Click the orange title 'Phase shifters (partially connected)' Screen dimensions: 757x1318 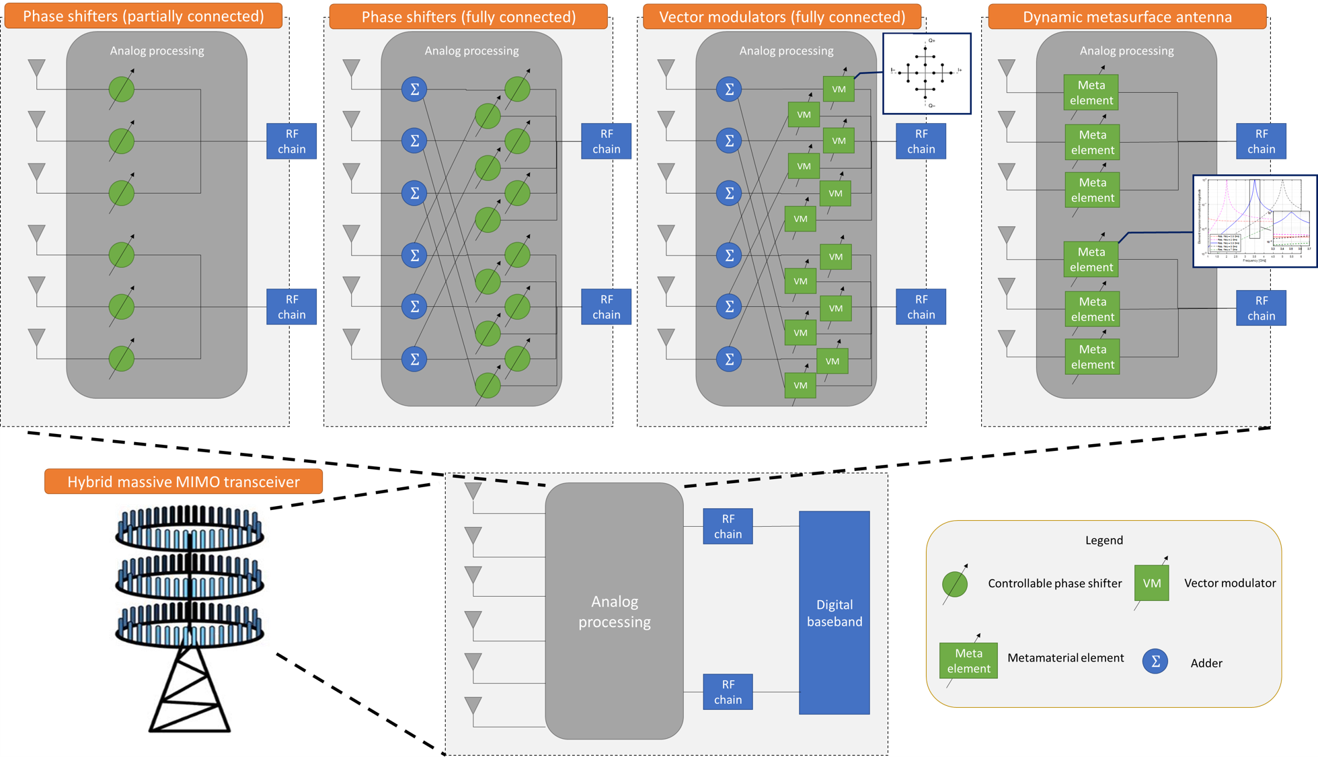[x=143, y=16]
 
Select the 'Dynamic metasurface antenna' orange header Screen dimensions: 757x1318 [x=1127, y=17]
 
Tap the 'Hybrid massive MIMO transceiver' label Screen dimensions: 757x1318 [x=183, y=482]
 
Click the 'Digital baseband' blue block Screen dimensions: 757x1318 [x=834, y=612]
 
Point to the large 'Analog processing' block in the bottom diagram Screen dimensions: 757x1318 [x=614, y=611]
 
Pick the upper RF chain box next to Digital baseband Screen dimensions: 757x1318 [x=728, y=526]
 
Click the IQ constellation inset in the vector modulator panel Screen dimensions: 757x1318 [x=926, y=73]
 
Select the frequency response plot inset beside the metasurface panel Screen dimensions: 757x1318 [x=1255, y=221]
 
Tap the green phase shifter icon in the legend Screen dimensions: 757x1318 [x=955, y=584]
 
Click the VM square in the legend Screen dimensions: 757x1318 [x=1151, y=583]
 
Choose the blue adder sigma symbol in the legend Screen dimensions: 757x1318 [x=1155, y=661]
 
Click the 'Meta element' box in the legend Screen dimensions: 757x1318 [x=968, y=660]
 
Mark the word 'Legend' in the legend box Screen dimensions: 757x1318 [x=1103, y=540]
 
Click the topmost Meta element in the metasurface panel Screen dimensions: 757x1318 [x=1091, y=92]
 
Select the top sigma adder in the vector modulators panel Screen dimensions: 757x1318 [x=728, y=89]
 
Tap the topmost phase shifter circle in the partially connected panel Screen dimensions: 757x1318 [x=122, y=89]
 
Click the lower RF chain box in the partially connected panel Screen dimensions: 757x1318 [x=291, y=307]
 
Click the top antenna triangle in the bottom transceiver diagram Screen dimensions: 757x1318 [x=473, y=491]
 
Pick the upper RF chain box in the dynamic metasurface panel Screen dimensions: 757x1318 [x=1261, y=141]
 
